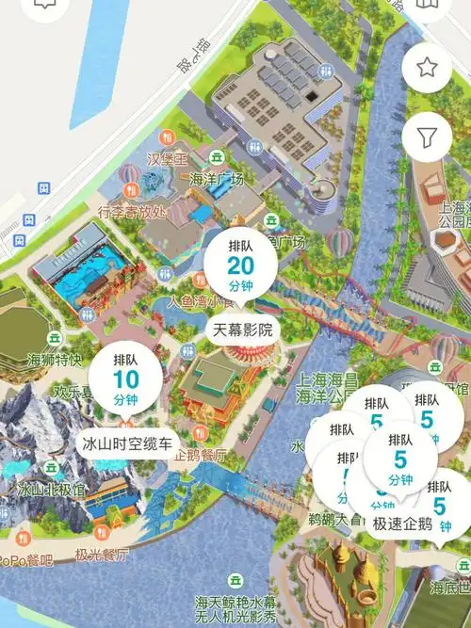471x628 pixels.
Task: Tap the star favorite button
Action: (x=427, y=67)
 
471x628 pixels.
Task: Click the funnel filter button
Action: (x=427, y=137)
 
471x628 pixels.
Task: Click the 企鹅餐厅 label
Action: (x=201, y=455)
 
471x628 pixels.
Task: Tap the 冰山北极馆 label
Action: (x=52, y=490)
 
